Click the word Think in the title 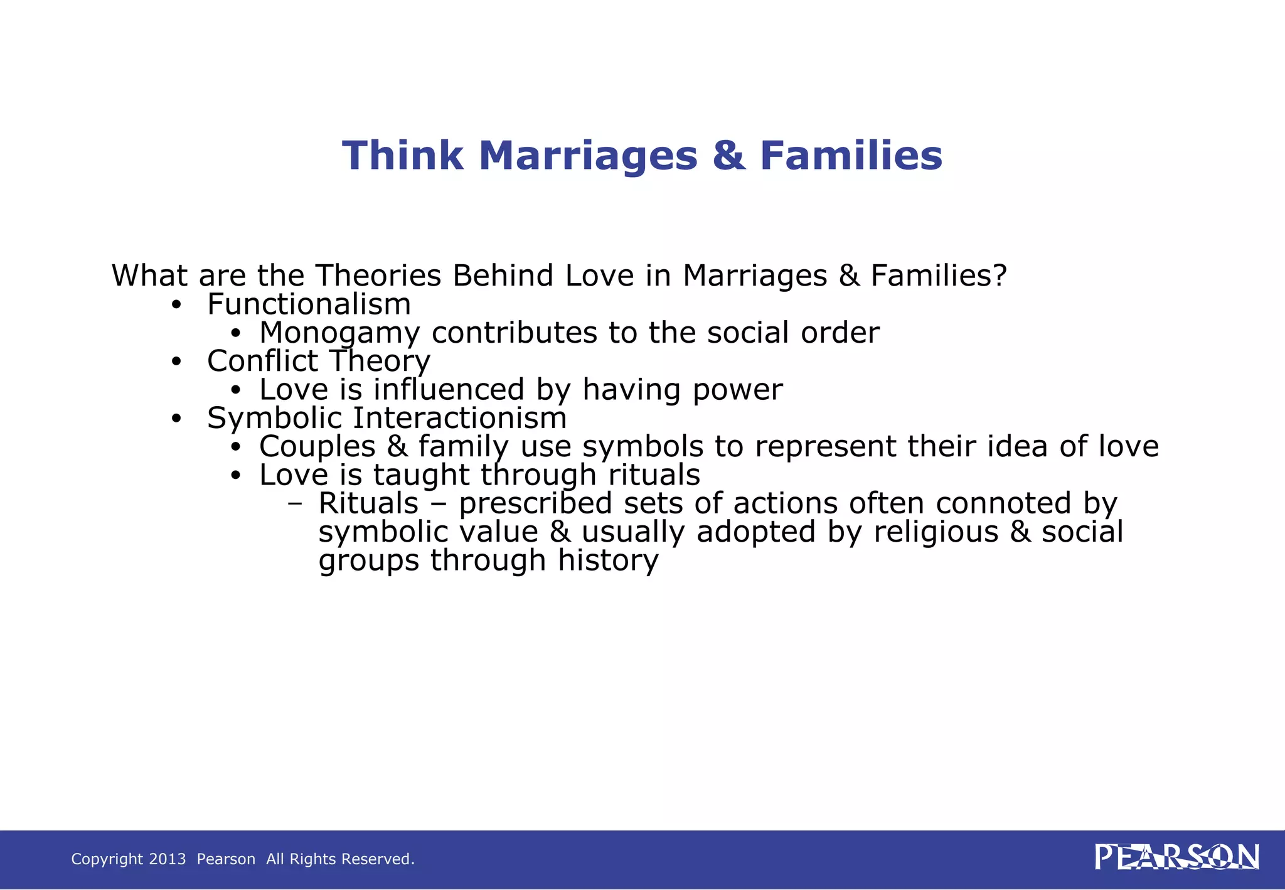pos(402,156)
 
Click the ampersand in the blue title pos(728,156)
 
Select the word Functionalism pos(309,304)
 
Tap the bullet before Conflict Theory pos(176,362)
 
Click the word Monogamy pos(339,333)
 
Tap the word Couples pos(317,447)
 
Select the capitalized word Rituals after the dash pos(368,503)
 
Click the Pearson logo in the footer pos(1176,857)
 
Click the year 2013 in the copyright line pos(168,859)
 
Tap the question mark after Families pos(1000,276)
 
